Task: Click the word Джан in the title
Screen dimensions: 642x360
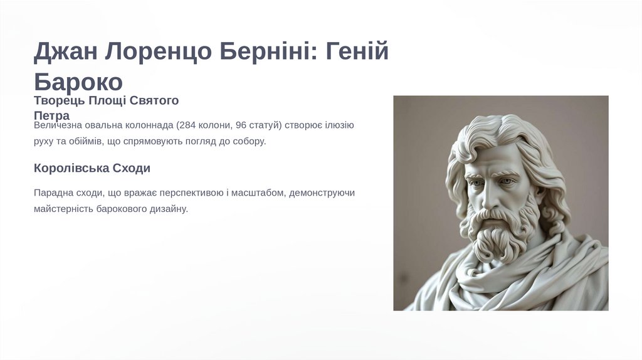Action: (x=65, y=51)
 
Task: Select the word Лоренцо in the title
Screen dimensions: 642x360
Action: (x=158, y=51)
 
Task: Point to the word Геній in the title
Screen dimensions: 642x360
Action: (x=357, y=51)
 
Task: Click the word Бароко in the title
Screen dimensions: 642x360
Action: (x=78, y=82)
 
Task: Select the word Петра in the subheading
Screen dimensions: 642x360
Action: (x=51, y=115)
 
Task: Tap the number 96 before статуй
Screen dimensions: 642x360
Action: (x=241, y=125)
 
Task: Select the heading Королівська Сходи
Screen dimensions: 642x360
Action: (x=92, y=168)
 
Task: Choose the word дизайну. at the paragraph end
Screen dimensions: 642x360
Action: (x=168, y=209)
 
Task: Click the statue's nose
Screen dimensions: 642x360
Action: (x=488, y=194)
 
